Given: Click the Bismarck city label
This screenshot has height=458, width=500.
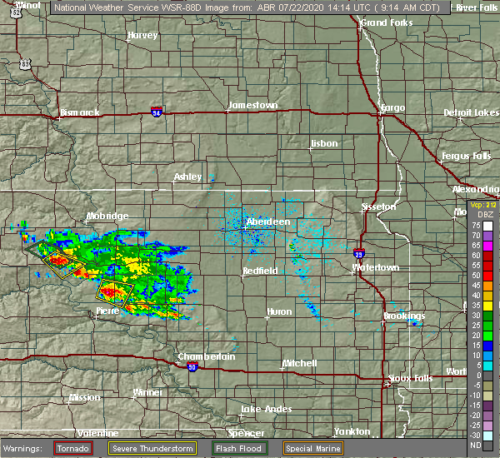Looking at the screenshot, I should click(80, 112).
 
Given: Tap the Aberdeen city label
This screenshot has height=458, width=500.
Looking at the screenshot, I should click(268, 222).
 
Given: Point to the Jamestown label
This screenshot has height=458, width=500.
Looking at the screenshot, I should click(252, 106).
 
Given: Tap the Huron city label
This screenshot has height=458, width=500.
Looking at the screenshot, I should click(277, 311).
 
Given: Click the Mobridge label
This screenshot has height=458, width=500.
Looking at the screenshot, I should click(107, 217).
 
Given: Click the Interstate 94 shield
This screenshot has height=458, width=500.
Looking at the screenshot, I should click(157, 110).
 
